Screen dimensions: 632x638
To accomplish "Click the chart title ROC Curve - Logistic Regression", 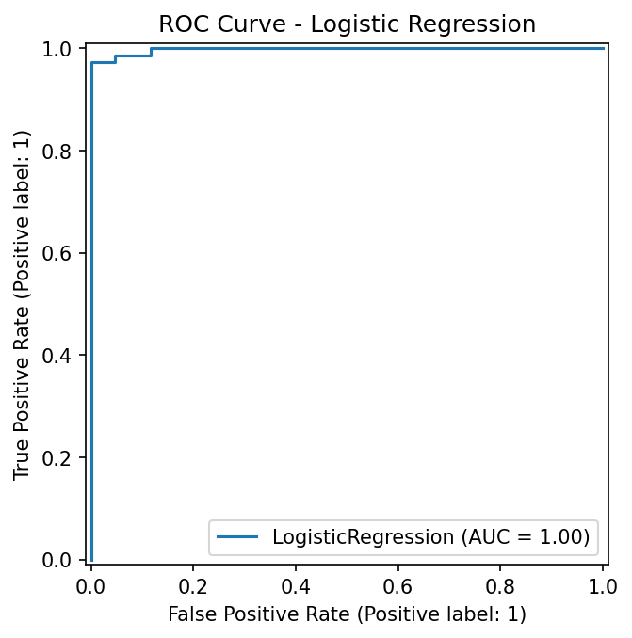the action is [x=347, y=24].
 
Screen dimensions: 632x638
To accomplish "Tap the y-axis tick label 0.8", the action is [x=57, y=152].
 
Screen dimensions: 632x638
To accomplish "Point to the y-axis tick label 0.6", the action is [x=57, y=253].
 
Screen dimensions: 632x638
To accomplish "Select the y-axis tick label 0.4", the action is [x=57, y=356].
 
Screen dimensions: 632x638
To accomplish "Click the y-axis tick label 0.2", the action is [x=57, y=458].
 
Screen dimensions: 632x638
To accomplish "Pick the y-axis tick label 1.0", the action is [x=57, y=49].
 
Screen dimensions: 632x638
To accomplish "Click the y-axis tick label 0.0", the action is [x=57, y=560].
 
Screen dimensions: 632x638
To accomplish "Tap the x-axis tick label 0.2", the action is [x=193, y=587].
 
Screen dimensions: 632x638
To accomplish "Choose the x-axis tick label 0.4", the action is [x=296, y=587].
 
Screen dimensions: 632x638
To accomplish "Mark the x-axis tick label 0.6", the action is [x=397, y=587].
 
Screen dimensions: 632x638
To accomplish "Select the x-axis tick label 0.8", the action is [x=500, y=587].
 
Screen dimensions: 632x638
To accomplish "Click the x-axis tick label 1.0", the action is [x=603, y=587].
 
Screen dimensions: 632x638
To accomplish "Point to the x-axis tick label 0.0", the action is [x=91, y=587].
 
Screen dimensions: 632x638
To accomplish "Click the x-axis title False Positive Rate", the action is [x=259, y=614].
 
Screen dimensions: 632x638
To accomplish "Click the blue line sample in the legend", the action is [x=237, y=537].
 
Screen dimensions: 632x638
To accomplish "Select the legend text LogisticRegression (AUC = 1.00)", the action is [x=431, y=537].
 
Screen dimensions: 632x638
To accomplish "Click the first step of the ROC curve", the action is [x=116, y=59].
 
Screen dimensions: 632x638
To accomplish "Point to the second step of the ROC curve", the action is [x=151, y=52].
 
